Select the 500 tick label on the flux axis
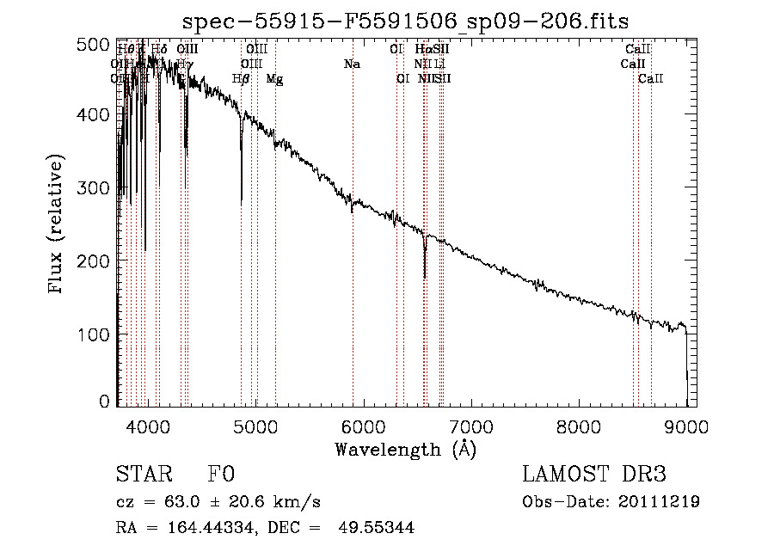(97, 43)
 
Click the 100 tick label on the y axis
(97, 334)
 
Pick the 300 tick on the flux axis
(97, 188)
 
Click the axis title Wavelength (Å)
(406, 449)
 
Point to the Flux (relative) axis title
(58, 225)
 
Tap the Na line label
(351, 64)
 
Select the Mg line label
(274, 79)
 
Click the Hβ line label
(241, 79)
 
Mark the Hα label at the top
(422, 50)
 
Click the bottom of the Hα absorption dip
(425, 277)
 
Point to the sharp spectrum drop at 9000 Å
(686, 361)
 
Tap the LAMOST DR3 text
(593, 475)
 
